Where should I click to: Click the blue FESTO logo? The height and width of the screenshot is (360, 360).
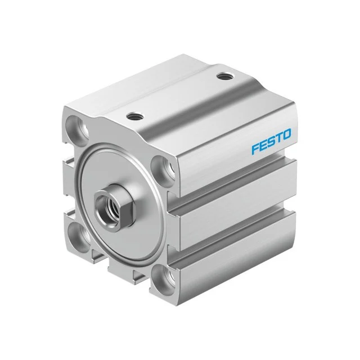pyautogui.click(x=271, y=142)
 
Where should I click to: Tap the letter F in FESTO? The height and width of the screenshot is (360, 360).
pyautogui.click(x=255, y=149)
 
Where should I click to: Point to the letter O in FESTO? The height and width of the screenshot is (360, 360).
pyautogui.click(x=286, y=136)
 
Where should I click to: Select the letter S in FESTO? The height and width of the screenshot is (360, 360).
pyautogui.click(x=271, y=142)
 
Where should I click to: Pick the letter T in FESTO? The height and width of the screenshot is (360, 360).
pyautogui.click(x=278, y=139)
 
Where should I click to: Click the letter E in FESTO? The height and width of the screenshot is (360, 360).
pyautogui.click(x=263, y=146)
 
